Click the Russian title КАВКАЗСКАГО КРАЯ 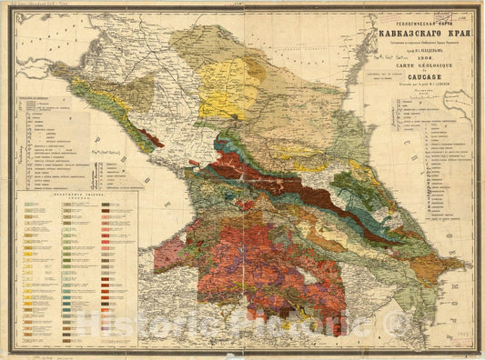pos(423,35)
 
